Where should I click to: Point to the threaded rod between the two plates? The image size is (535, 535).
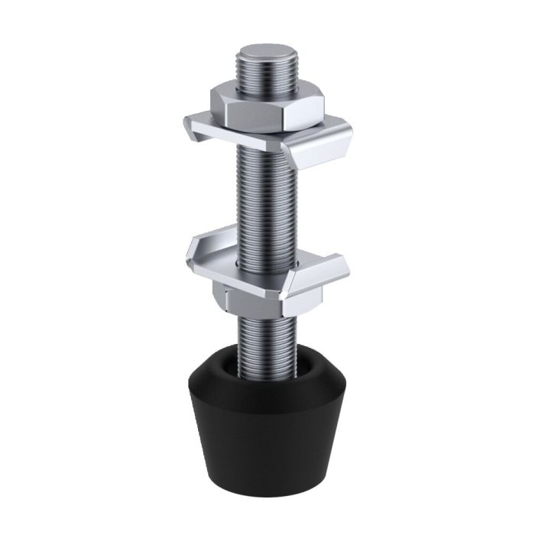point(264,199)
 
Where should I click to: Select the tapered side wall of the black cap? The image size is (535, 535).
point(260,436)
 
